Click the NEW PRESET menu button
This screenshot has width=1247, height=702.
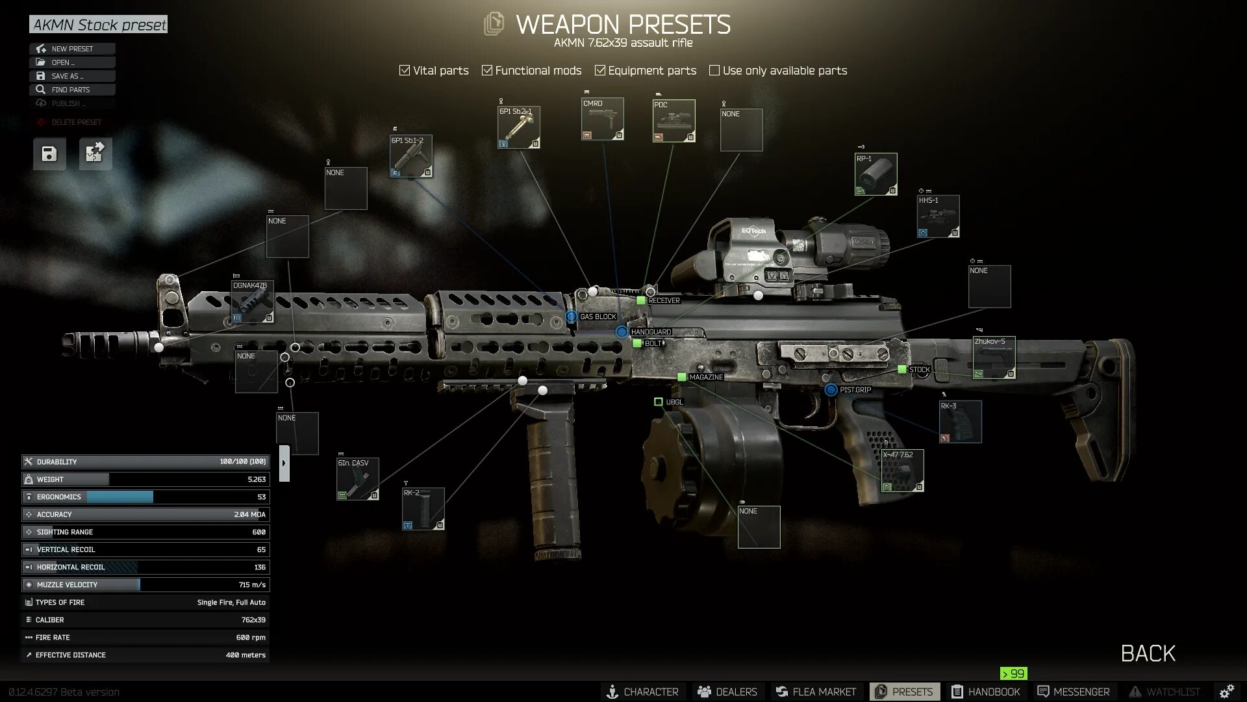(72, 49)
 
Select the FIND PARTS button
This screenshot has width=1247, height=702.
(71, 90)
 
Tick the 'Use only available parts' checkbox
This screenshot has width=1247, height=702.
(714, 70)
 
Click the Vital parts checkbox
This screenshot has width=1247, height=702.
(405, 70)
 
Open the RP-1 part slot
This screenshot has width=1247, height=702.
(875, 174)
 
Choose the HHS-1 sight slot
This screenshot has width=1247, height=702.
(938, 216)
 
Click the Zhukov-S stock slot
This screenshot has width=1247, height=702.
(994, 357)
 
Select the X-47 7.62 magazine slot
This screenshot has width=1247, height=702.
(902, 471)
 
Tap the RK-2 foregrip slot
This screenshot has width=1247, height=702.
(423, 509)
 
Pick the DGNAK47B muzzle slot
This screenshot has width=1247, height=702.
(253, 302)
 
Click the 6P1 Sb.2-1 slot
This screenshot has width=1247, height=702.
(518, 127)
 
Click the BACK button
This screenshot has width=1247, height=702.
(1148, 653)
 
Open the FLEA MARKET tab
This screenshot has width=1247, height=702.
(816, 692)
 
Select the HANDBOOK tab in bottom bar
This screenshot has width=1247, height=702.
(986, 692)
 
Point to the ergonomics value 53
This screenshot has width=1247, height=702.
(261, 497)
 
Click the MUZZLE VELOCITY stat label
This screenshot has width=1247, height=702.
(67, 584)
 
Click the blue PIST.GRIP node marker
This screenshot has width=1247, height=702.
(831, 390)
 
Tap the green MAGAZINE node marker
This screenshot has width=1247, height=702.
(681, 377)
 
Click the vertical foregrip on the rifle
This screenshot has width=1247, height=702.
(552, 474)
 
